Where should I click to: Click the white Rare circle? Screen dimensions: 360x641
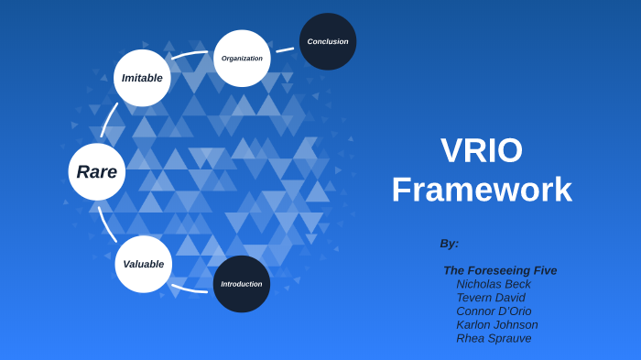pos(97,172)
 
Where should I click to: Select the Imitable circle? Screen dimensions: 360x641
pos(142,78)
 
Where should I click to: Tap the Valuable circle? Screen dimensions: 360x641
pos(144,265)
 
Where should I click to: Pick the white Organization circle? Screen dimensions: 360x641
pos(242,59)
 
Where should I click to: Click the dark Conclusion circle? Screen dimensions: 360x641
pos(328,41)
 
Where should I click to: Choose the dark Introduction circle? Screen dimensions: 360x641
pos(242,284)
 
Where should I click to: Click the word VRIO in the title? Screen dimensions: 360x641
pos(482,151)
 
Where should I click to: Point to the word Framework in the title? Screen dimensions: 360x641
pos(482,190)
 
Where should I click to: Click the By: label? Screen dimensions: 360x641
pos(449,244)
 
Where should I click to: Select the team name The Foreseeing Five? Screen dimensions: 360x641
pos(500,270)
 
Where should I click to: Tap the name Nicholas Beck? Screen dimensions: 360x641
pos(494,284)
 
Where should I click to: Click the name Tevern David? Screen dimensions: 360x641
pos(491,298)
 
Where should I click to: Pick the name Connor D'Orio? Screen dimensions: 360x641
pos(494,311)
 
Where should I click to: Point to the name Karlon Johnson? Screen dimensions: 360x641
pos(497,324)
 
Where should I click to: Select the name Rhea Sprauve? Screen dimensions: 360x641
pos(494,338)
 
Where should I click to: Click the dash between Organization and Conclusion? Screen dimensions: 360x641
pos(285,49)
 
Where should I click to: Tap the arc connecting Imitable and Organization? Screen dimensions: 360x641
pos(190,55)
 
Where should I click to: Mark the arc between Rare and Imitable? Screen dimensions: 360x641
pos(109,120)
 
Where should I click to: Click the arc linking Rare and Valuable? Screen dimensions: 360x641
pos(107,224)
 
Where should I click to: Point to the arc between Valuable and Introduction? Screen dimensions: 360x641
pos(190,289)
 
